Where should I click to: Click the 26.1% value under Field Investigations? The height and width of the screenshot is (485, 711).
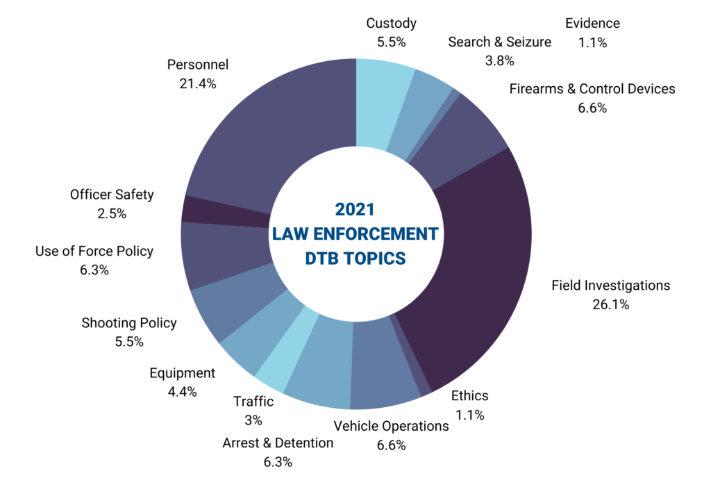[x=611, y=304]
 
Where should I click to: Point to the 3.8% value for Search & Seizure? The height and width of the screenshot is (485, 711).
[x=499, y=60]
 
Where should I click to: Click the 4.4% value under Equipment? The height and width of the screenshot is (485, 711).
[x=182, y=391]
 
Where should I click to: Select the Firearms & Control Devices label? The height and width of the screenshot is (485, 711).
[x=592, y=89]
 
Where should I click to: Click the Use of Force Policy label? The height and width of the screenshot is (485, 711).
[x=94, y=252]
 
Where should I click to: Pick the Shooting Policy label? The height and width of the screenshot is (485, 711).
[x=129, y=322]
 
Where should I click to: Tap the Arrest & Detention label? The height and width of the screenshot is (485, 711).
[x=278, y=443]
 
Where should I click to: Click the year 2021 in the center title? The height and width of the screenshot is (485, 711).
[x=355, y=209]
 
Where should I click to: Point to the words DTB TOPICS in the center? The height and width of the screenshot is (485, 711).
[x=355, y=258]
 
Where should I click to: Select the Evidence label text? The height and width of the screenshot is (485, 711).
[x=592, y=24]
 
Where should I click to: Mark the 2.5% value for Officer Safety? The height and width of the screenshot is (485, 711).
[x=112, y=214]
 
